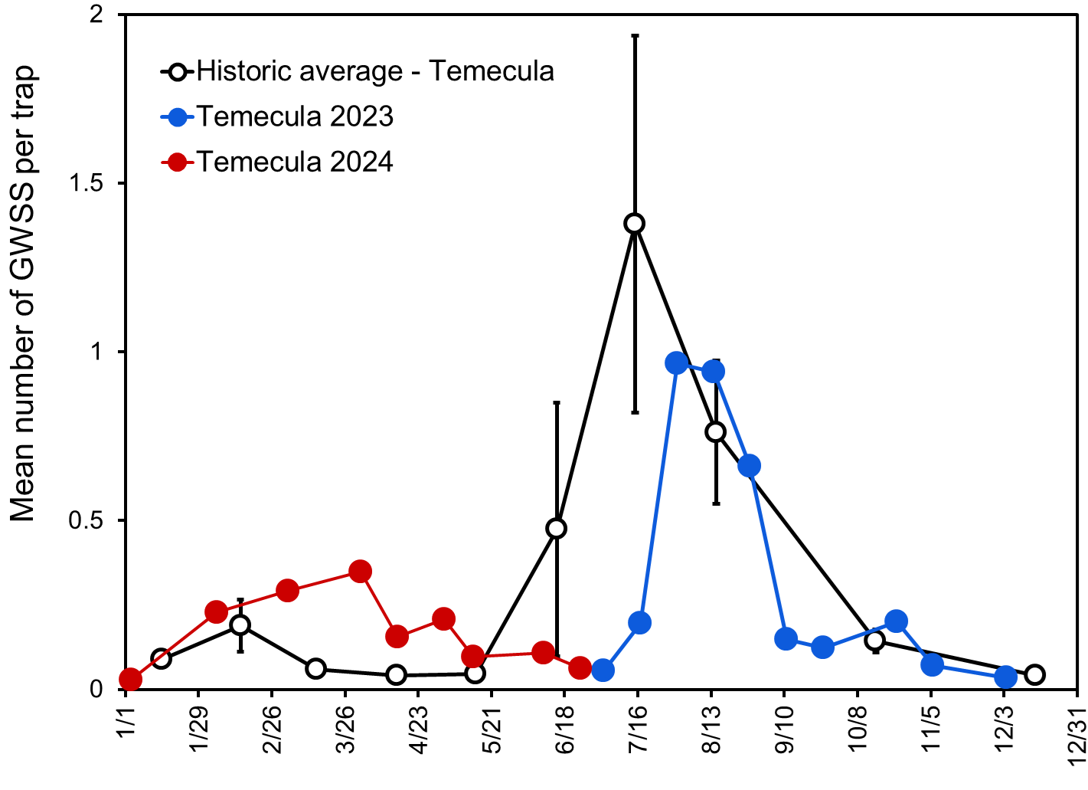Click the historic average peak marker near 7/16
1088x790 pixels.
pyautogui.click(x=634, y=224)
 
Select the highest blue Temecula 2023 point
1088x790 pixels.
pyautogui.click(x=676, y=362)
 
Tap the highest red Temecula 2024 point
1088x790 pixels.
pyautogui.click(x=361, y=571)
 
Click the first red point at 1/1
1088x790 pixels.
pyautogui.click(x=130, y=679)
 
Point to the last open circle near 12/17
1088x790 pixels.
pyautogui.click(x=1034, y=674)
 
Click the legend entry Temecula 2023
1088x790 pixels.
pyautogui.click(x=295, y=116)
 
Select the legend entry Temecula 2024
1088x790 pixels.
pyautogui.click(x=295, y=162)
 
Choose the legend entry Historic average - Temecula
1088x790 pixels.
pyautogui.click(x=374, y=71)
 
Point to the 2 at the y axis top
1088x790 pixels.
pyautogui.click(x=96, y=15)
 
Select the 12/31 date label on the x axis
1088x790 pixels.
pyautogui.click(x=1077, y=736)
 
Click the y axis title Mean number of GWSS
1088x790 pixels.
pyautogui.click(x=23, y=293)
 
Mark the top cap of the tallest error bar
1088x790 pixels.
pyautogui.click(x=635, y=35)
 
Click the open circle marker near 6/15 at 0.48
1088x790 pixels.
pyautogui.click(x=557, y=528)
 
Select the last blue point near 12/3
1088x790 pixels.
pyautogui.click(x=1005, y=677)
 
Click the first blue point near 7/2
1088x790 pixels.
pyautogui.click(x=603, y=670)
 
